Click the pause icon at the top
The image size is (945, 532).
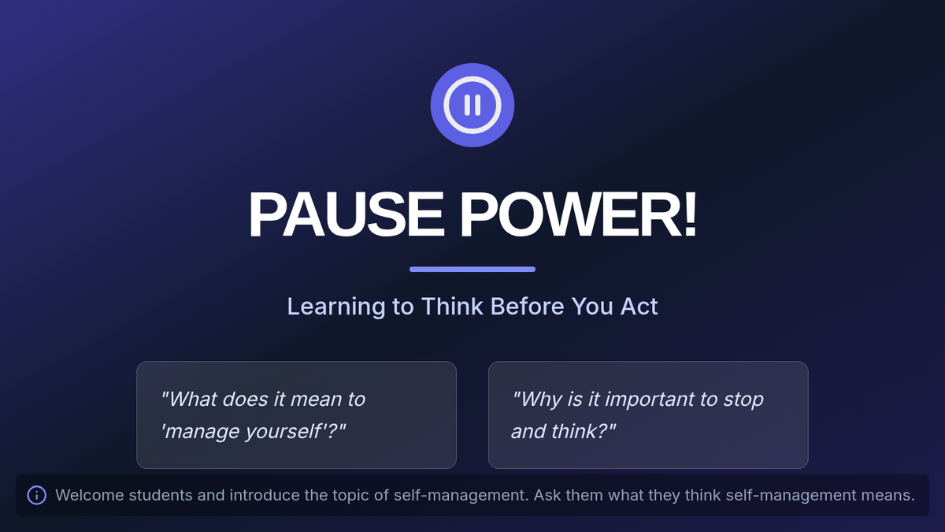point(472,105)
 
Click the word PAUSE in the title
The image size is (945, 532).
point(346,214)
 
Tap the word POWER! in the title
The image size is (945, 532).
point(578,214)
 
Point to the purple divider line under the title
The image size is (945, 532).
point(472,270)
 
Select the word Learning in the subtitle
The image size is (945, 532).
point(336,307)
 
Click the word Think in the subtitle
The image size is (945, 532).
point(452,306)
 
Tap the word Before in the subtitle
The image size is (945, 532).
point(528,306)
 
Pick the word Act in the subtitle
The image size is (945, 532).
point(639,306)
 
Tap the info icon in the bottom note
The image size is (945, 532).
point(37,495)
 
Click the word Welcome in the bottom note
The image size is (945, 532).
point(90,495)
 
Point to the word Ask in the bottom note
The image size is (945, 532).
point(547,495)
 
